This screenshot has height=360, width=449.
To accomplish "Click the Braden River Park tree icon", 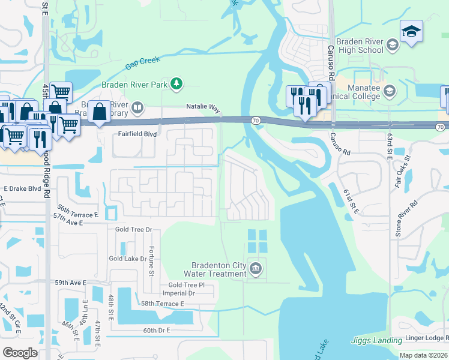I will (x=176, y=85).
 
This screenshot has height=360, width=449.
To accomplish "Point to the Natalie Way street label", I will (x=202, y=106).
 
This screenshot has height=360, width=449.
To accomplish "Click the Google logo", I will (x=20, y=353).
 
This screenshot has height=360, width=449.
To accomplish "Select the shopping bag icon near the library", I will (x=100, y=110).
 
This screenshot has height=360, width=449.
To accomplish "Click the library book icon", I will (x=137, y=108).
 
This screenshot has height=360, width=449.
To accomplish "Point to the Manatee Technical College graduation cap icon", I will (x=389, y=91).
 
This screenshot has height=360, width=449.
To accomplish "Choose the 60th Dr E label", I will (x=157, y=330).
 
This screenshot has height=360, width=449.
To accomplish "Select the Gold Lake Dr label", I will (x=127, y=259).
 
